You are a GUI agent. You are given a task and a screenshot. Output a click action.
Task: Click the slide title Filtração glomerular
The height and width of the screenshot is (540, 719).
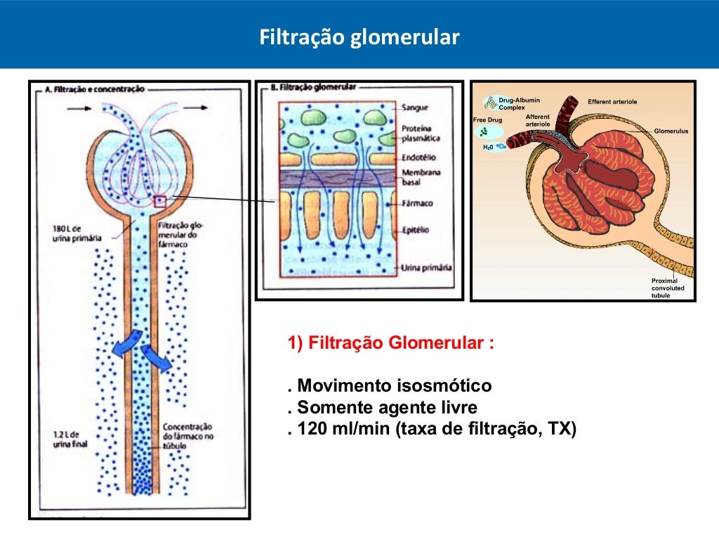click(359, 37)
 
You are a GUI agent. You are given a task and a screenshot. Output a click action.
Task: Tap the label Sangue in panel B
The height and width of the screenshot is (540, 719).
click(414, 108)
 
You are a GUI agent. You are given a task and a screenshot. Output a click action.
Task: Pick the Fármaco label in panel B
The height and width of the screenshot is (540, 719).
click(418, 203)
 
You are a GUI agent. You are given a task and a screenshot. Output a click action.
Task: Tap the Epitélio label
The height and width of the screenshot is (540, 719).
click(416, 230)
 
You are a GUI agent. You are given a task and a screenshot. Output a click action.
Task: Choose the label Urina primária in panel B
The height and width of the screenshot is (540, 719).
click(426, 268)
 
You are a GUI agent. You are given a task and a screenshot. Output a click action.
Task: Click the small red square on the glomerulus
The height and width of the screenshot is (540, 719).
click(161, 201)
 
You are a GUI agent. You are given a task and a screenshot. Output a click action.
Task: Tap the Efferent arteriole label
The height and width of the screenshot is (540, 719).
click(612, 102)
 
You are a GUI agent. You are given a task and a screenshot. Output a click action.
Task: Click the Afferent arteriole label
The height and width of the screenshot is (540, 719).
click(538, 120)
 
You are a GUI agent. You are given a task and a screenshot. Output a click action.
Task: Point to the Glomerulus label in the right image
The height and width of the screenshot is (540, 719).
click(671, 131)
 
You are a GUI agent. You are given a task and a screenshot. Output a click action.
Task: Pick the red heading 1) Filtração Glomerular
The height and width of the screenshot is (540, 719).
click(390, 344)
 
